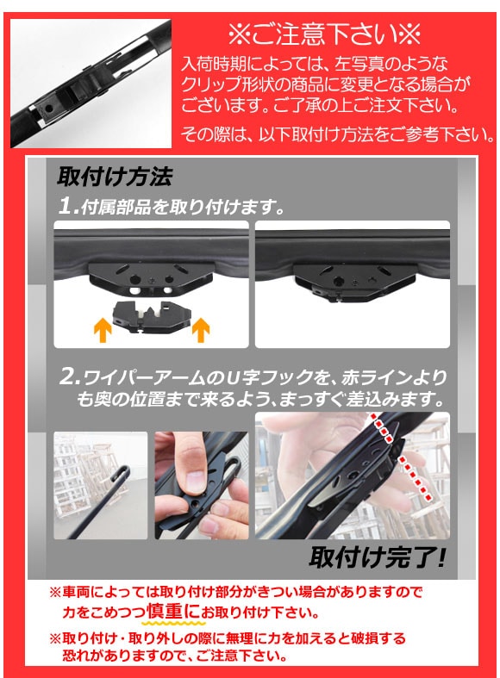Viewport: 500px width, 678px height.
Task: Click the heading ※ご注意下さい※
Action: click(324, 34)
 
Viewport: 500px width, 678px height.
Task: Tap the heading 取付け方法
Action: click(114, 177)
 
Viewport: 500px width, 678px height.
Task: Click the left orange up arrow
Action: click(103, 330)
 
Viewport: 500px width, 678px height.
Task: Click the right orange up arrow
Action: click(201, 330)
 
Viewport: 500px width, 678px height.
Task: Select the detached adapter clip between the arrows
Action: click(151, 319)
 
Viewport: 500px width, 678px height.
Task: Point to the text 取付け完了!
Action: click(377, 557)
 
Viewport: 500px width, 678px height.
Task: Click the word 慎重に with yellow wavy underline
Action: click(173, 611)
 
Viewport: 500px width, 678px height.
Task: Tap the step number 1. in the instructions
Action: click(68, 206)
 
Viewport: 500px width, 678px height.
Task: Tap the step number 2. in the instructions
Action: click(69, 377)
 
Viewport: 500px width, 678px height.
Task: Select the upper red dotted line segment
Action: click(382, 429)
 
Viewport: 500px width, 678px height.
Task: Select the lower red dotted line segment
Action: click(414, 478)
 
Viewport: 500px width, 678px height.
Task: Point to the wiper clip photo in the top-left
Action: click(91, 83)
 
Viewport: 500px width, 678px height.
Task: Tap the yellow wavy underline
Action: click(173, 623)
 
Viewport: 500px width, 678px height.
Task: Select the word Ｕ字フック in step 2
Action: click(270, 378)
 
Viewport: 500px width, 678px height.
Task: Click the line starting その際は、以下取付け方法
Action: click(338, 134)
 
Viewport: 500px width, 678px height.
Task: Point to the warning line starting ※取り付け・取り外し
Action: click(228, 638)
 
